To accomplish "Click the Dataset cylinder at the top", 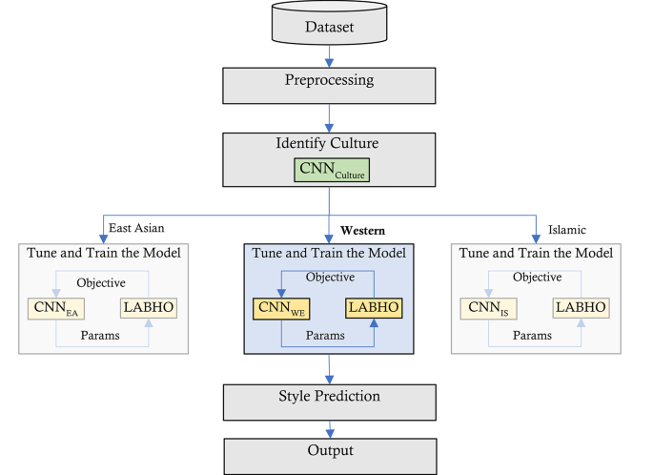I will pos(329,26).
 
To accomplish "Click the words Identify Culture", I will pos(329,144).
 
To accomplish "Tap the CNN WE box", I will pos(281,308).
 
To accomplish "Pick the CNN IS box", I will pos(487,308).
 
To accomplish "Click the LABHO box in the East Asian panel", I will pos(148,308).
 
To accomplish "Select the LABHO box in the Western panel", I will pos(374,308).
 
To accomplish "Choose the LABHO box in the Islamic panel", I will pos(582,308).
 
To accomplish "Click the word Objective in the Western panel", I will pos(329,277).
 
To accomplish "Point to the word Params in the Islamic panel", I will pos(534,337).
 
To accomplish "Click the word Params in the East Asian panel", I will pos(101,337).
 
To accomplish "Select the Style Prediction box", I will pos(329,396).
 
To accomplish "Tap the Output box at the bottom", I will pos(329,450).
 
